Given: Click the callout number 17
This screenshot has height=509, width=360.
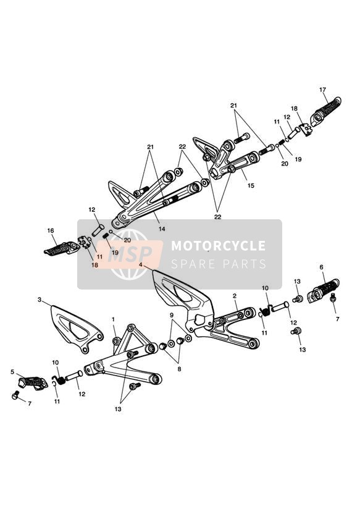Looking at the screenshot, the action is point(322,90).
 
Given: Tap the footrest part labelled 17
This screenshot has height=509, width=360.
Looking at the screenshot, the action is point(325,112).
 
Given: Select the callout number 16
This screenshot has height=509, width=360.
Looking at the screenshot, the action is point(51,231).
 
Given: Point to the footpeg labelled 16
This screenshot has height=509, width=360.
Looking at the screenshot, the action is point(62,249).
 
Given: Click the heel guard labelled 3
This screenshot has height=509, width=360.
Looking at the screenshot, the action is point(77,329).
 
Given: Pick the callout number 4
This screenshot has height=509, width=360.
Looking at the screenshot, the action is point(141,264).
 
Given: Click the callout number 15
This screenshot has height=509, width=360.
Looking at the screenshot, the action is point(251,186).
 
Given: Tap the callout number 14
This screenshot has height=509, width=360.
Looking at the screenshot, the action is point(162,229).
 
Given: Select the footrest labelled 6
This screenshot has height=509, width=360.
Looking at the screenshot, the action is point(324,290).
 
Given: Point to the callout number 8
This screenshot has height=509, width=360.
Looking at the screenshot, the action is point(179,369).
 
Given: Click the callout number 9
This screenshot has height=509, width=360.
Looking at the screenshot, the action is point(172,315).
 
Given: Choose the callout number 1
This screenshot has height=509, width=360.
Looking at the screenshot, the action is point(113,319).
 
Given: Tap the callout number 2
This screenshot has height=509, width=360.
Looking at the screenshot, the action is point(235,296).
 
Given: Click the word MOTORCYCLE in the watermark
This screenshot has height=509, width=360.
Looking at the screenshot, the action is point(218,246).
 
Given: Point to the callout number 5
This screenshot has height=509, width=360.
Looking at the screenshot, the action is point(12,372).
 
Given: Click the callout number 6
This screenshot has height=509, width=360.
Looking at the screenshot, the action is point(321,267).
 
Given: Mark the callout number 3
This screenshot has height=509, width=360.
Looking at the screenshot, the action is point(40,300).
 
